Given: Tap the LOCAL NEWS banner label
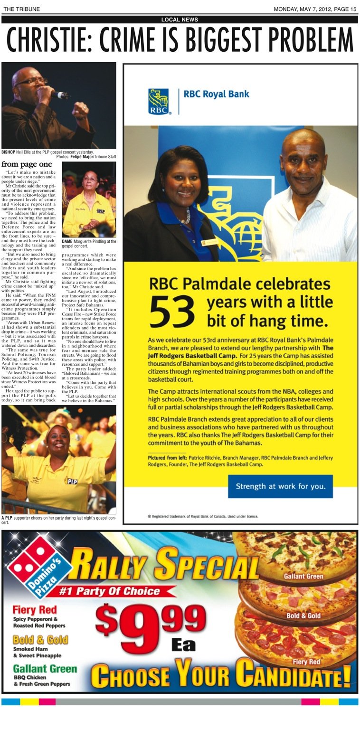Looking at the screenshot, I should (x=180, y=19).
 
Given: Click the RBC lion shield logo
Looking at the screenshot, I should (x=159, y=101).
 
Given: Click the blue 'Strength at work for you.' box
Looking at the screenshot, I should (x=280, y=486).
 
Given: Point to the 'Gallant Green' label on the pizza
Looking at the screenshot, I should (x=303, y=576).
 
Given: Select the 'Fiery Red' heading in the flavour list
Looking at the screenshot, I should (x=35, y=609).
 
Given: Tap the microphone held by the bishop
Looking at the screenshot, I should (x=61, y=95).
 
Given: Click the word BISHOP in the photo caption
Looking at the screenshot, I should (x=9, y=152).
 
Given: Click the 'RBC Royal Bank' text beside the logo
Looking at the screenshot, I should (x=216, y=94).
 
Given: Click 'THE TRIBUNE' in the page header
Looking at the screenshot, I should (x=21, y=9).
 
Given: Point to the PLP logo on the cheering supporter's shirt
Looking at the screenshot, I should (x=71, y=481).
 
